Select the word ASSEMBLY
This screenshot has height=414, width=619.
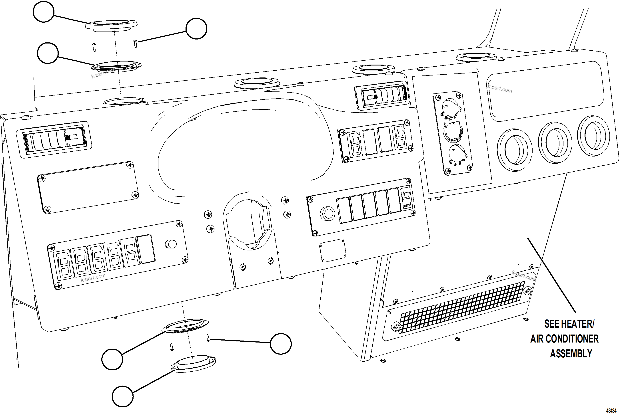tap(571, 354)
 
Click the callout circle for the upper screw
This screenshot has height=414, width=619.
tap(196, 28)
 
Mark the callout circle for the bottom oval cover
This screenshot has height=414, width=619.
tap(123, 396)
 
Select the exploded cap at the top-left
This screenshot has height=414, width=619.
tap(112, 24)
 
